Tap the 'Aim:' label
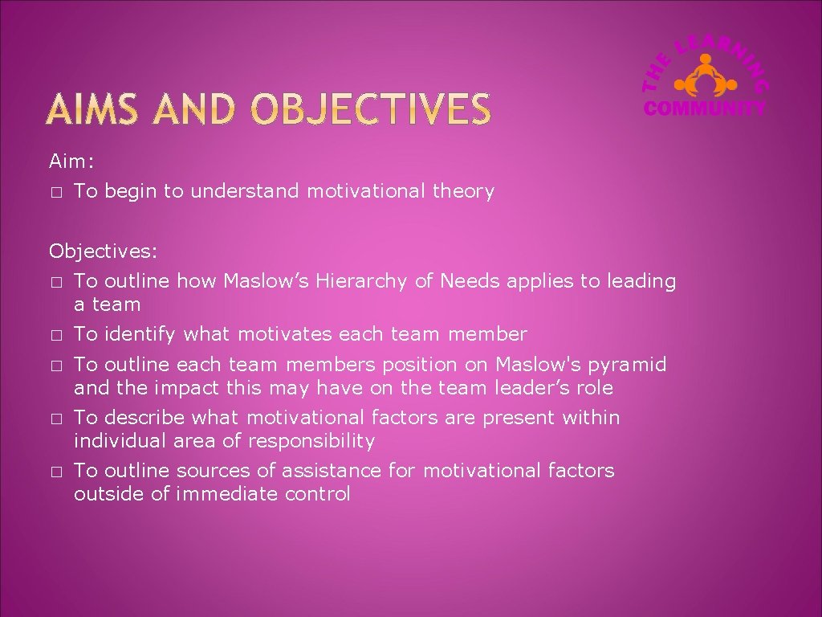[x=71, y=161]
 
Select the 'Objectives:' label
[x=104, y=251]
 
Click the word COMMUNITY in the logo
[x=706, y=107]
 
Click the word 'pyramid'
[x=626, y=365]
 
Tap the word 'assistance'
[x=343, y=470]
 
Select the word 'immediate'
[x=227, y=494]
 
